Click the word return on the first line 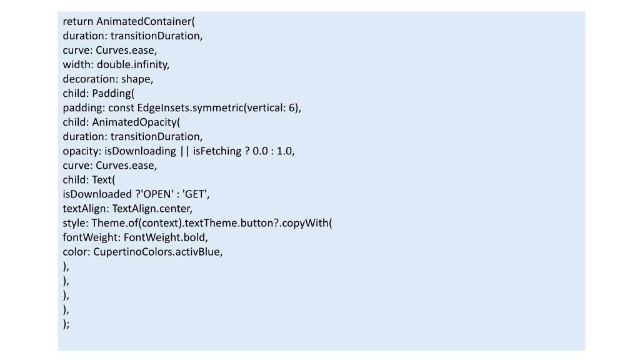(x=78, y=22)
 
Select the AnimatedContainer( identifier (x=146, y=22)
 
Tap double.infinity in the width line (x=133, y=64)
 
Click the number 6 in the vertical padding (x=294, y=107)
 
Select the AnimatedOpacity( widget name (x=136, y=122)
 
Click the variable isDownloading (x=140, y=151)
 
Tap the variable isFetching (x=217, y=151)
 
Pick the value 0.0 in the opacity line (x=261, y=151)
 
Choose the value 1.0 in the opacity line (x=285, y=151)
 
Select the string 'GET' (x=196, y=194)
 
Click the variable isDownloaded (x=97, y=194)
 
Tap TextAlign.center (x=152, y=209)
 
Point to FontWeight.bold (x=166, y=237)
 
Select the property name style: (x=76, y=223)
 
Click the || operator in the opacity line (x=184, y=151)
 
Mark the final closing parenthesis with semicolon (x=66, y=324)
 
